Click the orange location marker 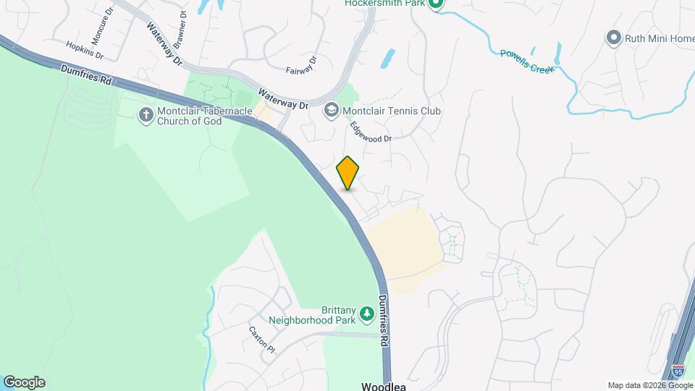(348, 172)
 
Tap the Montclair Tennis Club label (392, 111)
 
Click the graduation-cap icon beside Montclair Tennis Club (332, 111)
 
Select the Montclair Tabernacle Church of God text (190, 115)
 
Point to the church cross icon (146, 114)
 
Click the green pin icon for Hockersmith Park (435, 4)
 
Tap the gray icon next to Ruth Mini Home (614, 38)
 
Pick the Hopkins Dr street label (85, 49)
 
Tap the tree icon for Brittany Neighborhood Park (368, 312)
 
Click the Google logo (24, 382)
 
